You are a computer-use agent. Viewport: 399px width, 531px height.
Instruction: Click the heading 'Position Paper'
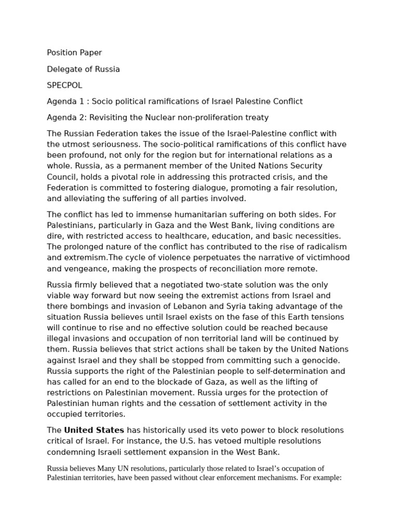click(x=74, y=52)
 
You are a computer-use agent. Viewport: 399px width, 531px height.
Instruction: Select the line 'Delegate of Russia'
click(x=83, y=69)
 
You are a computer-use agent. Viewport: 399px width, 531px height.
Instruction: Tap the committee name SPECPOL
click(x=64, y=85)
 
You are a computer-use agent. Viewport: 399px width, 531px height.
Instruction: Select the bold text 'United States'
click(x=94, y=430)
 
